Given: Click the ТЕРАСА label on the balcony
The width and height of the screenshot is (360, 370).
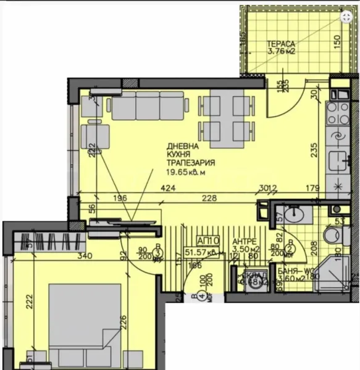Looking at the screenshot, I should [x=282, y=44].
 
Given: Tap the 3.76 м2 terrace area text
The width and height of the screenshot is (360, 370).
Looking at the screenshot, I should [x=282, y=52].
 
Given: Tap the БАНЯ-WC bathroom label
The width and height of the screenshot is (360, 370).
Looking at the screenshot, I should [x=295, y=269].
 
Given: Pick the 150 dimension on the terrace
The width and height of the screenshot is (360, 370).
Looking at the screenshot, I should [x=337, y=42].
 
